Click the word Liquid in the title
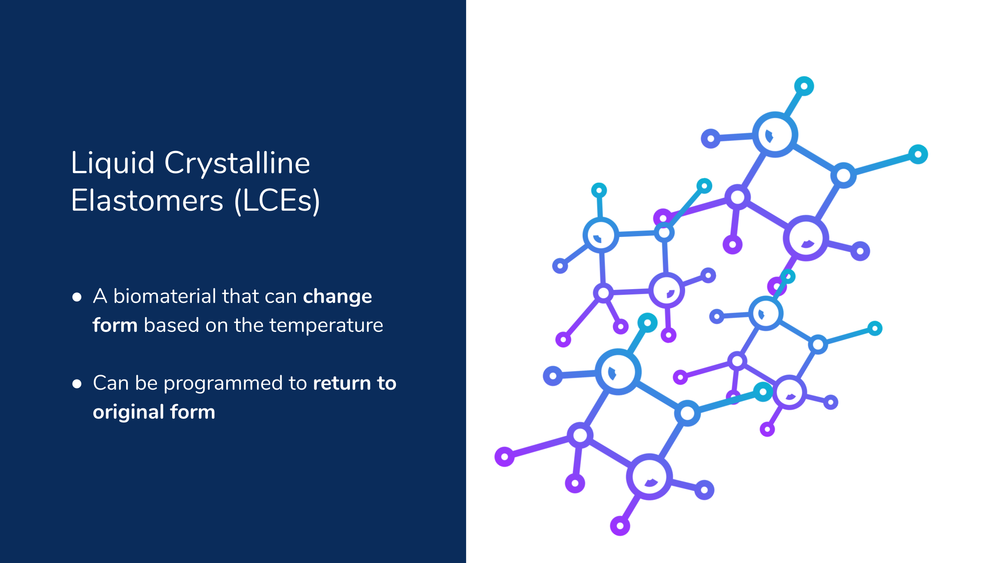coord(113,164)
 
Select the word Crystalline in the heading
coord(237,164)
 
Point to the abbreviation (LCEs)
coord(277,201)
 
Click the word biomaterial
coord(165,296)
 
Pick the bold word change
coord(338,297)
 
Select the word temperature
coord(326,326)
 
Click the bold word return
coord(342,384)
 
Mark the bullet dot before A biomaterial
coord(77,297)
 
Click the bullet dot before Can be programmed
coord(77,384)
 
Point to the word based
coord(171,325)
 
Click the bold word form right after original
coord(193,412)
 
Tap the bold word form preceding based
coord(115,325)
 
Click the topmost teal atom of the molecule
coord(804,86)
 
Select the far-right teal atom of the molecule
coord(918,154)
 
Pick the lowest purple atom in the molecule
coord(620,526)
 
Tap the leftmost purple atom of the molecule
coord(505,456)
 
